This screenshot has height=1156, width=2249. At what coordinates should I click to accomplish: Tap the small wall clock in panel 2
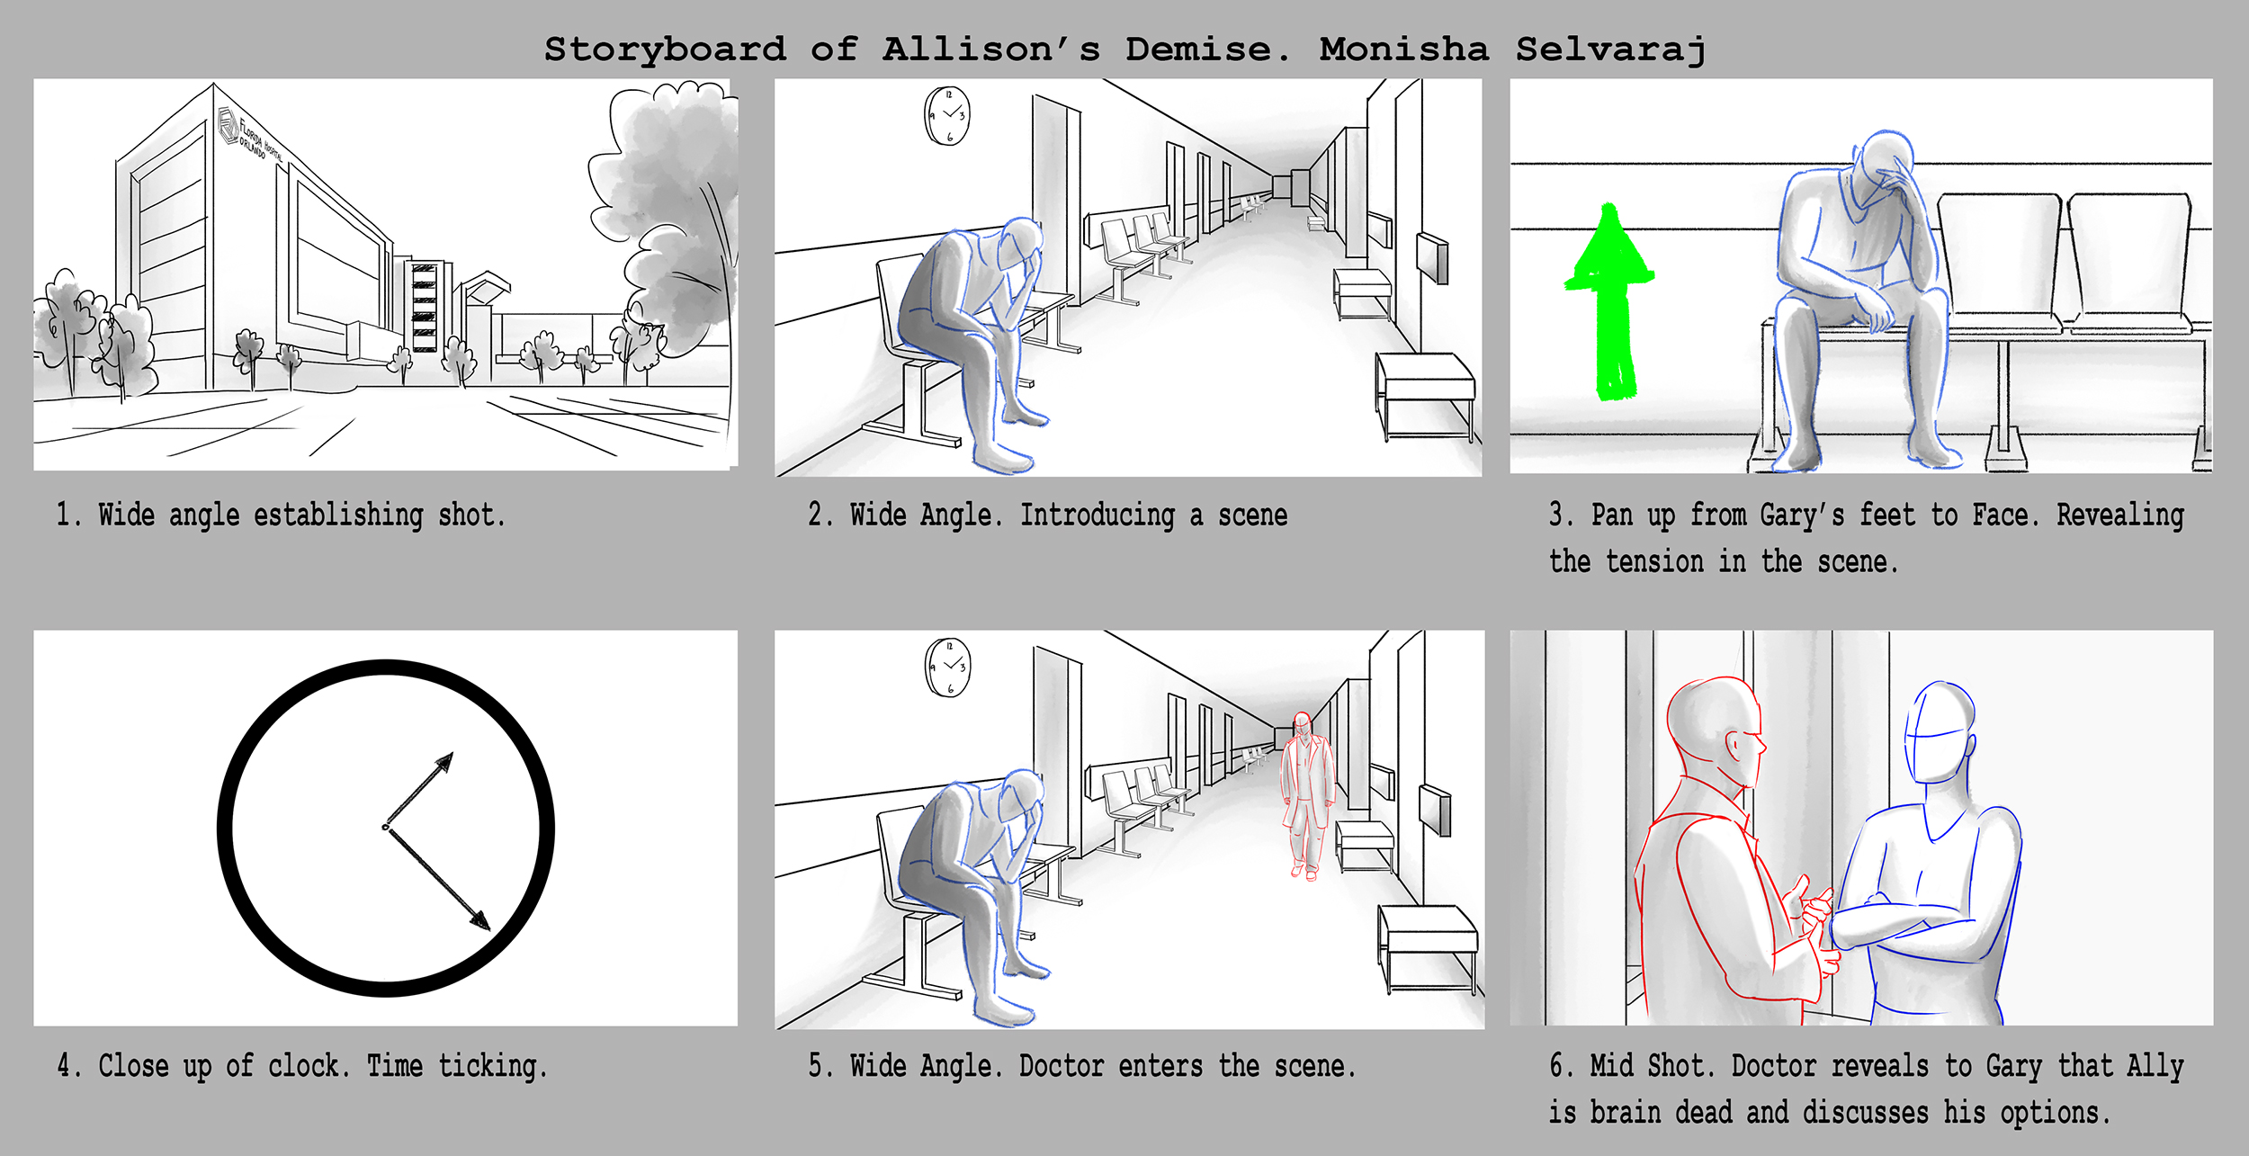(948, 116)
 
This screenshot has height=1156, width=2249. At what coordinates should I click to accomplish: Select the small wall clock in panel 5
(948, 668)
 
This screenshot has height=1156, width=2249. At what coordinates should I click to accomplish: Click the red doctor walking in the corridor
(1306, 796)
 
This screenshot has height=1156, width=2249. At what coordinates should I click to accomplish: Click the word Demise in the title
(1207, 49)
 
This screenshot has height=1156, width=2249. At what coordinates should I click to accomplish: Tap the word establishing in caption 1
(338, 515)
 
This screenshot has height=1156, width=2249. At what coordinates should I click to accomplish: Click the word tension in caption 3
(1654, 561)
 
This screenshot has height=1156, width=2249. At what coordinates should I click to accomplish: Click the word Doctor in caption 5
(1061, 1066)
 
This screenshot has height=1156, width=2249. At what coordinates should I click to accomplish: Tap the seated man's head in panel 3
(1885, 171)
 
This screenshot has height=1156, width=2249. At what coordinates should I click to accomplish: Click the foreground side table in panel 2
(1425, 396)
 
